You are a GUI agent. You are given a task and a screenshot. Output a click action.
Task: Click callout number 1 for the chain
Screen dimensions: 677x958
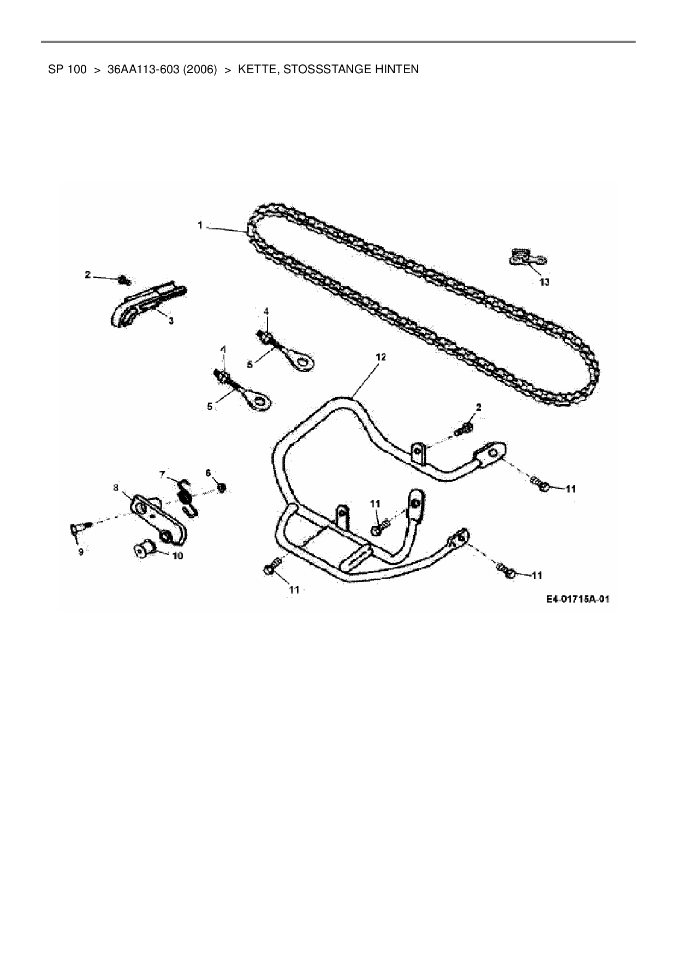pos(200,225)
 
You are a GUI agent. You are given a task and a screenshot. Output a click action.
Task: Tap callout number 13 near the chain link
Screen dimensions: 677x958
pos(544,282)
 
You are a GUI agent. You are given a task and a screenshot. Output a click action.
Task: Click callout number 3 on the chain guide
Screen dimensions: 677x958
pos(171,321)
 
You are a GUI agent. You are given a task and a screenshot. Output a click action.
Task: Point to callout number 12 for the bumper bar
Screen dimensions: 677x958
pos(381,357)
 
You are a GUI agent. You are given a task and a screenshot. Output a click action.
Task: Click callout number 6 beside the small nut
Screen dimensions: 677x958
pos(208,472)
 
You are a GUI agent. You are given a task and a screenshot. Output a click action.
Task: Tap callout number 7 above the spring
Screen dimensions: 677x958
pos(162,474)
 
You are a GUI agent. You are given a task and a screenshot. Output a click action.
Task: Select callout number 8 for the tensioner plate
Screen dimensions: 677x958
pos(116,488)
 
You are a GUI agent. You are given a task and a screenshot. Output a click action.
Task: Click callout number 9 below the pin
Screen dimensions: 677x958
pos(81,552)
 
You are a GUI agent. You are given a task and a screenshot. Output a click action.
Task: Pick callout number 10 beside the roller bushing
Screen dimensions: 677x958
pos(177,556)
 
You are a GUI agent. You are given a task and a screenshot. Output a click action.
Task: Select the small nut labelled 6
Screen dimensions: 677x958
pos(222,487)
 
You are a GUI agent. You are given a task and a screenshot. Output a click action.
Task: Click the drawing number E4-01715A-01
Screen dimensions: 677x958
pos(578,599)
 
